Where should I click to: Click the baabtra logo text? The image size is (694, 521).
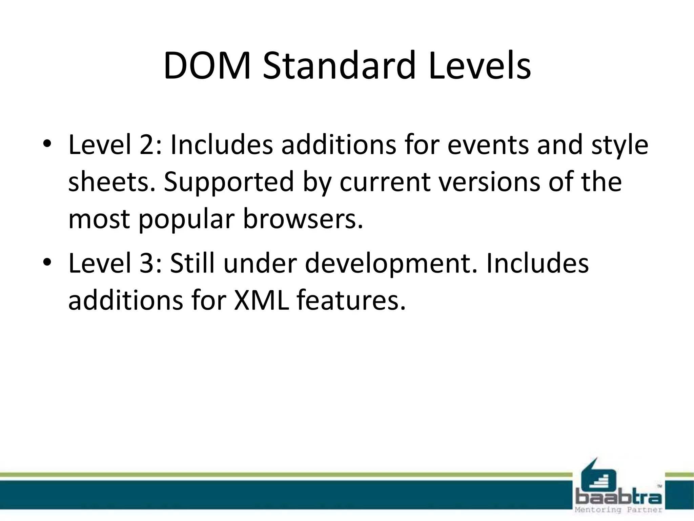618,498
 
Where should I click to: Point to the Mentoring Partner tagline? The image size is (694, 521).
618,510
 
